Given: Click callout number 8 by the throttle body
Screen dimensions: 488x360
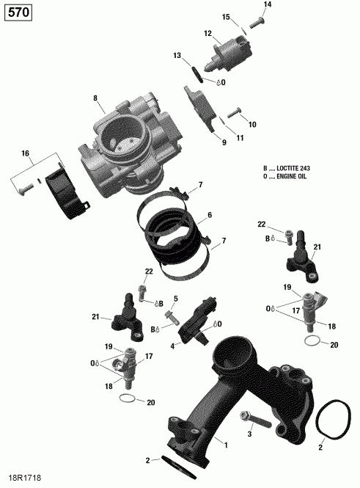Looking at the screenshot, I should [95, 98].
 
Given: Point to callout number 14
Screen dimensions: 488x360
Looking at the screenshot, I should [267, 5].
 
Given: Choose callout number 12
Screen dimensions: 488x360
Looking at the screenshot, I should [207, 33].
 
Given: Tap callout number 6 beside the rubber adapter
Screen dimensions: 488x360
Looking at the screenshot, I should [209, 215].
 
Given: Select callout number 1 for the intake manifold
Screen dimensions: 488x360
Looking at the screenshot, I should [225, 444].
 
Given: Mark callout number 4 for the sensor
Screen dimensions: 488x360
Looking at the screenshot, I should [172, 346].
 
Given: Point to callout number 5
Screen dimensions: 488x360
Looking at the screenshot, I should [176, 299].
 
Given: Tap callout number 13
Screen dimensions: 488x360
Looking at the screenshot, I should [177, 56].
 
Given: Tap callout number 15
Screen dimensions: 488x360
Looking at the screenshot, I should [226, 17].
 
